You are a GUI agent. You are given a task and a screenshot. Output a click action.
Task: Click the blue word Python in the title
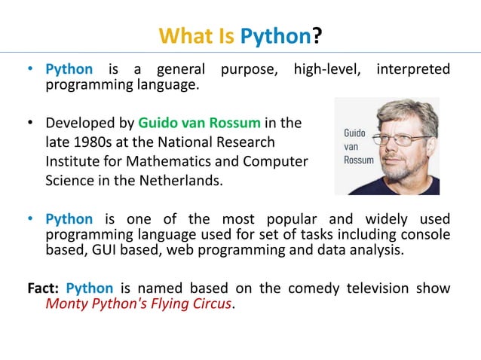click(x=275, y=35)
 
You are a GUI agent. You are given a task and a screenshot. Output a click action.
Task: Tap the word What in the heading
click(x=185, y=35)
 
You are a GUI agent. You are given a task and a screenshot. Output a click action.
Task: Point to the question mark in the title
click(x=317, y=35)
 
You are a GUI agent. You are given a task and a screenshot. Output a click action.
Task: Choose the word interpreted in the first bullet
click(x=412, y=70)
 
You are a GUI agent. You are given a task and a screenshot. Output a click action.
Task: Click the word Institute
click(x=72, y=161)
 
